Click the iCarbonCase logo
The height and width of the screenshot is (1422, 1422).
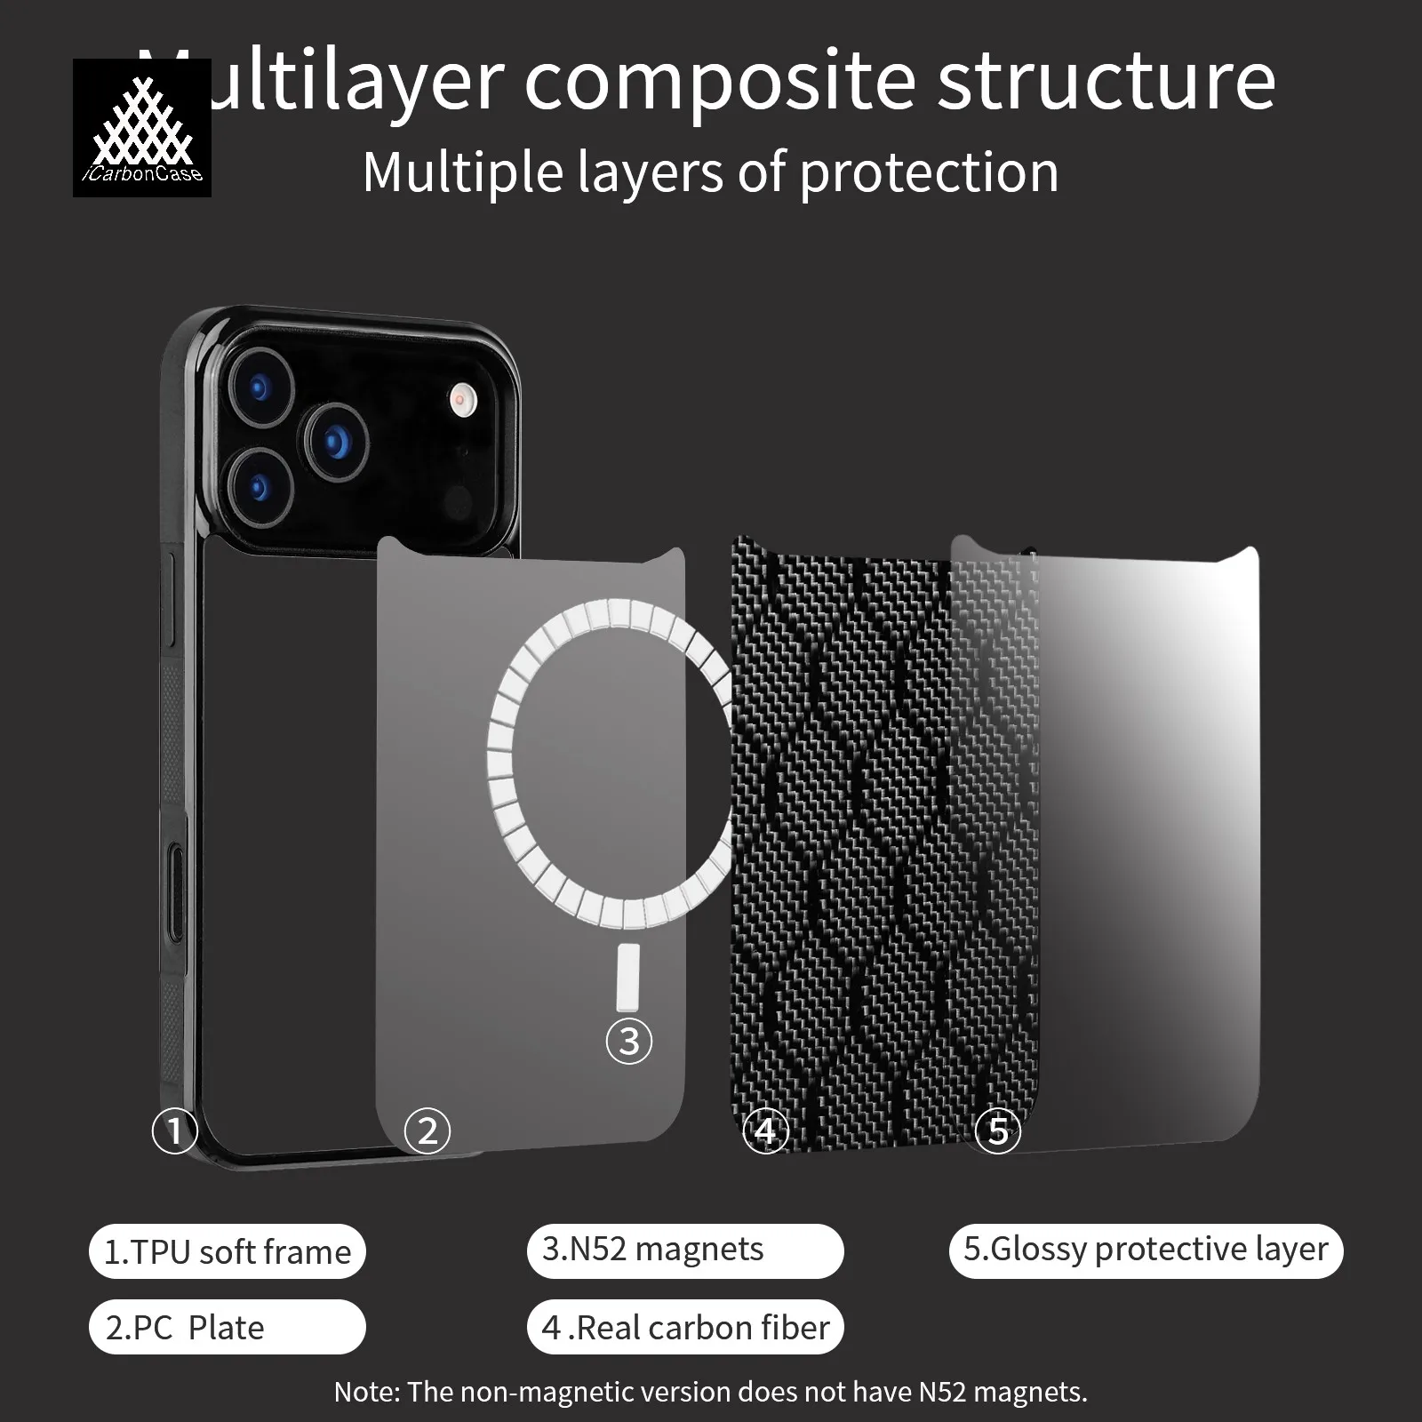(142, 127)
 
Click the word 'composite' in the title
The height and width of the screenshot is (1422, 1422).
(720, 82)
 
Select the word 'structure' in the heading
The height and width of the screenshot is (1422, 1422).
(1106, 82)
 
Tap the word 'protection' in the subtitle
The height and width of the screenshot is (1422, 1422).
(929, 172)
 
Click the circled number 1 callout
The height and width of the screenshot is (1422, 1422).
(174, 1130)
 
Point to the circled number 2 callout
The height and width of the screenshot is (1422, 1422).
(427, 1130)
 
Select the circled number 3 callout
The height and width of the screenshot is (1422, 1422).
(629, 1041)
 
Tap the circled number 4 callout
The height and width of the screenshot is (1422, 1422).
(765, 1130)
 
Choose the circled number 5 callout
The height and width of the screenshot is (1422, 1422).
(998, 1130)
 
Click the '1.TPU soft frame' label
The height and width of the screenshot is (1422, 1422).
(228, 1251)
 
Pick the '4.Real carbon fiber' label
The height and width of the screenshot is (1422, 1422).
(685, 1328)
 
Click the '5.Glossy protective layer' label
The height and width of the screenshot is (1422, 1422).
(1146, 1249)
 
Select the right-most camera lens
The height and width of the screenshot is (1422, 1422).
(337, 441)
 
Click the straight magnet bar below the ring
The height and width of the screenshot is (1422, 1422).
(627, 976)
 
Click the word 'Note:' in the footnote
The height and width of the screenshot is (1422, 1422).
(366, 1392)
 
